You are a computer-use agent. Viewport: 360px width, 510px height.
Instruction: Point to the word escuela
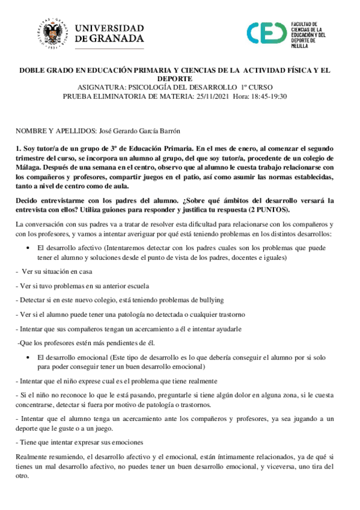point(136,285)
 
